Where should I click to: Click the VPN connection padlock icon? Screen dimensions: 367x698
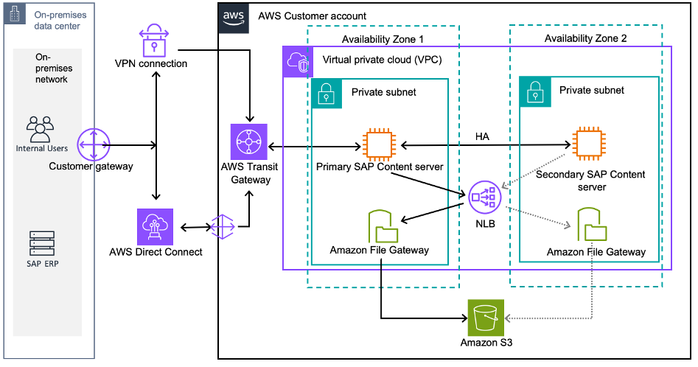155,40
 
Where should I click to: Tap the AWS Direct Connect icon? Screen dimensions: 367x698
155,226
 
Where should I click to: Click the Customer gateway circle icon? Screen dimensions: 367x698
93,144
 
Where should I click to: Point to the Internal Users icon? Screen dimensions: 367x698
41,128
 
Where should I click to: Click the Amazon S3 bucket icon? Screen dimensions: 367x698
486,318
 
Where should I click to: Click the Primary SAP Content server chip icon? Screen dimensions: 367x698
380,144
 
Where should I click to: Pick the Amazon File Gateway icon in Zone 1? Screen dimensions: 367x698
380,227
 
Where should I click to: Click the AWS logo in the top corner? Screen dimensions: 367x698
232,17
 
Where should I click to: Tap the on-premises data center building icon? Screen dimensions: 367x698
14,15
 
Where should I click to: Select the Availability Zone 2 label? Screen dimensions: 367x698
585,38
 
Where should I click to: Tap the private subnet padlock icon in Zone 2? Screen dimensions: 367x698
534,90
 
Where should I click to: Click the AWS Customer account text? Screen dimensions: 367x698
312,16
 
